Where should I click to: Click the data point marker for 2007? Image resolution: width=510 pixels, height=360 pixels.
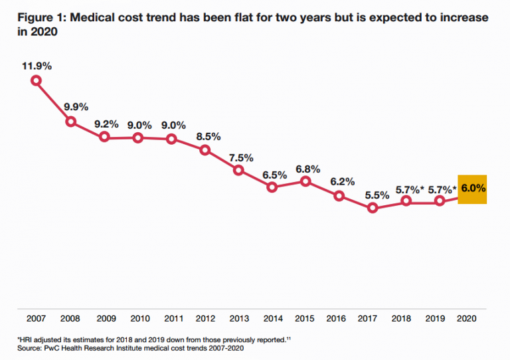click(37, 80)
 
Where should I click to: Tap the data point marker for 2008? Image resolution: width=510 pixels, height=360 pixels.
click(70, 122)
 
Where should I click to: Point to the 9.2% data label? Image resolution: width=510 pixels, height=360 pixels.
click(106, 124)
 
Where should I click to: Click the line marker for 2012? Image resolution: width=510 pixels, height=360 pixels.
click(205, 150)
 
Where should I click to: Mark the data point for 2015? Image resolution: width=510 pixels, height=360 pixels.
click(305, 181)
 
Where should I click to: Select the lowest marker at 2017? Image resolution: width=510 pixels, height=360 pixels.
click(373, 208)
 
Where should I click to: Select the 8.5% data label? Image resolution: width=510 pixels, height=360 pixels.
click(207, 137)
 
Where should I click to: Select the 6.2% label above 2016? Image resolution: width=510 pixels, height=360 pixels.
click(341, 181)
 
